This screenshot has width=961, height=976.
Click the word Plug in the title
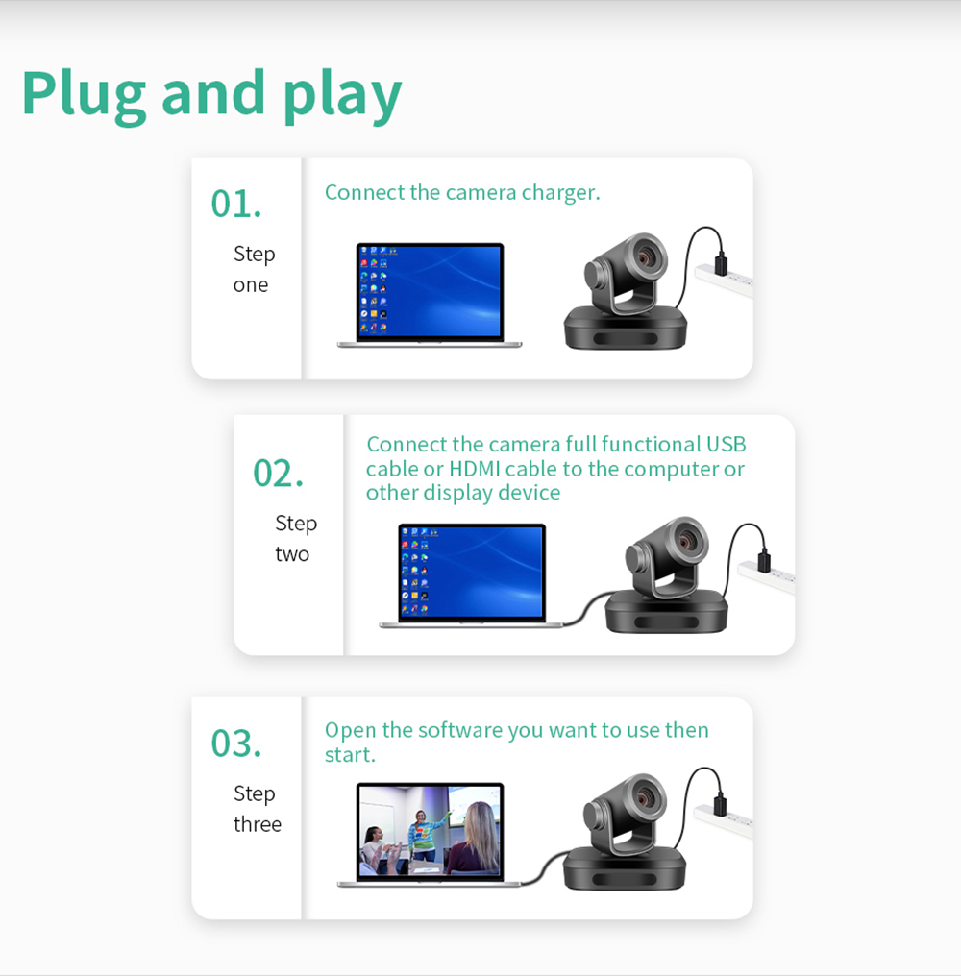pos(84,94)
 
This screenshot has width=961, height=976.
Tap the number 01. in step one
pos(236,204)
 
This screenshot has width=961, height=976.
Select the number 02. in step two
pos(278,473)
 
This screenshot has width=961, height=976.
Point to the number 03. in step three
pos(236,744)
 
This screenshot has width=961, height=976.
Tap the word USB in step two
pos(726,445)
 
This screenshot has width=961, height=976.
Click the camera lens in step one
pos(646,255)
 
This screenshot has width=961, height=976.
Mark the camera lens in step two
pos(687,538)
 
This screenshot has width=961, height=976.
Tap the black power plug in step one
pos(721,262)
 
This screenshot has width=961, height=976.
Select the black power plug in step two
pos(764,560)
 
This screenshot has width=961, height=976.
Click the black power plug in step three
pos(720,804)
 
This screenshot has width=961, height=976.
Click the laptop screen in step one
pos(430,291)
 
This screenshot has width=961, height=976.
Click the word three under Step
pos(258,824)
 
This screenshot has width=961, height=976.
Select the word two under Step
pos(292,554)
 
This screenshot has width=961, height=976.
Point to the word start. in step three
pos(350,755)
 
